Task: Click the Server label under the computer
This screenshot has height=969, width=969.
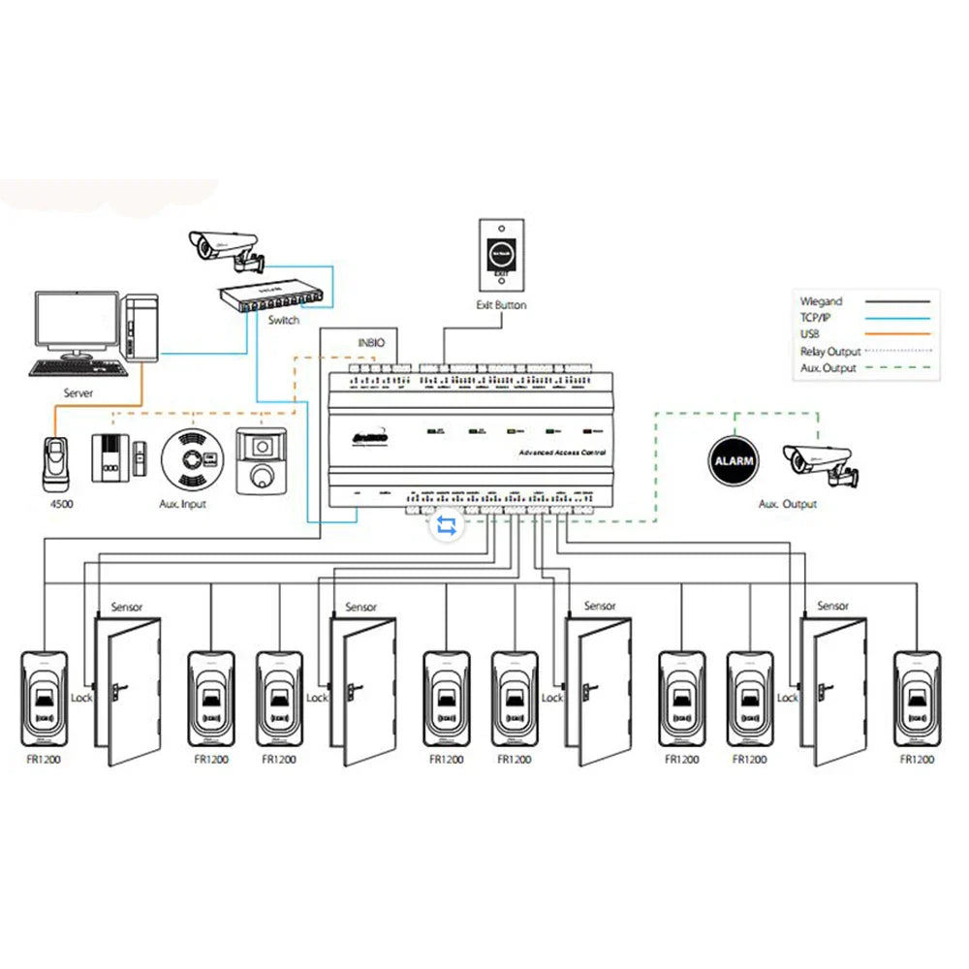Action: tap(78, 393)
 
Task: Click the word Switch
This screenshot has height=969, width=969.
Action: tap(283, 320)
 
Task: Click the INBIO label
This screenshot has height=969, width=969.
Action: tap(372, 340)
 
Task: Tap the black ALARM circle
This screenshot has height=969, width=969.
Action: tap(734, 461)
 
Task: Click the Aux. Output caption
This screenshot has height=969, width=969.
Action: tap(788, 504)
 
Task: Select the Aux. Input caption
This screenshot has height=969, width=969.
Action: tap(182, 504)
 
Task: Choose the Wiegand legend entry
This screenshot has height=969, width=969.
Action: tap(822, 301)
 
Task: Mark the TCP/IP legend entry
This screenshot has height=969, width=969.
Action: tap(816, 318)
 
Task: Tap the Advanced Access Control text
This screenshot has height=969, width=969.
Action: tap(562, 453)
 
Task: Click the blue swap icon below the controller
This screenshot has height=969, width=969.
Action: tap(448, 525)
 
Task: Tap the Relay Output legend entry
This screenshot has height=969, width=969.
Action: tap(830, 352)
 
